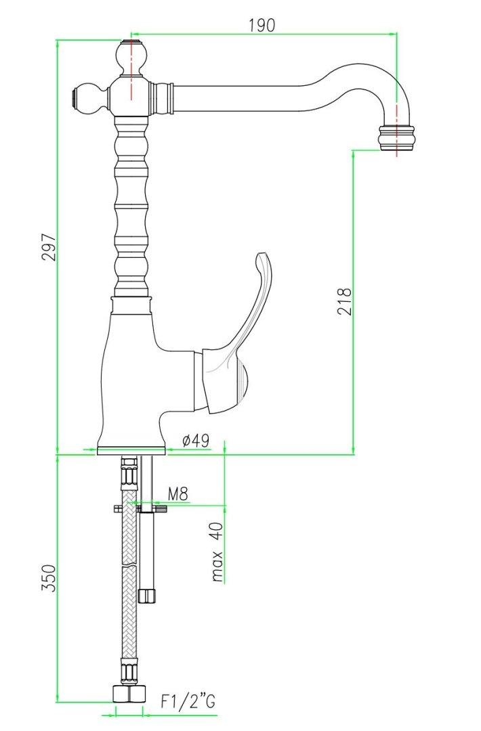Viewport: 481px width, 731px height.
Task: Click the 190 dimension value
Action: [262, 25]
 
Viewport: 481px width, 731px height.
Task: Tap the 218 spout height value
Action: [344, 302]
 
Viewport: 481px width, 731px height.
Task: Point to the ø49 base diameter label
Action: [196, 441]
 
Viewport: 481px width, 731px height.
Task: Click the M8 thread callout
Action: [177, 493]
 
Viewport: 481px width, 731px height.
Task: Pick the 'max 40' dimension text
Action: [217, 552]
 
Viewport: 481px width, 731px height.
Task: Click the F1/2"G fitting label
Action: [188, 701]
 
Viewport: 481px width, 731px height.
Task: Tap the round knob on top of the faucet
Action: [132, 56]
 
